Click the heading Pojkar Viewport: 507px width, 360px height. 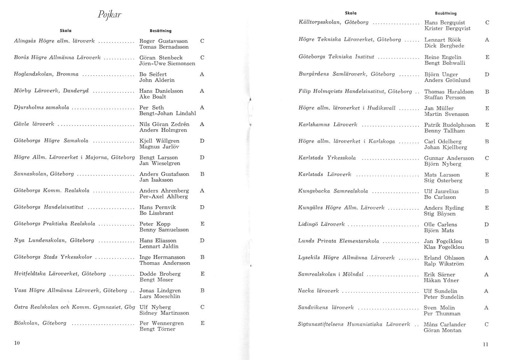[109, 15]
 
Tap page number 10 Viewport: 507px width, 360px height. [17, 343]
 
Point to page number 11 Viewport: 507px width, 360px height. [485, 344]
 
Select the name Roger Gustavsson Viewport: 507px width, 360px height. [163, 41]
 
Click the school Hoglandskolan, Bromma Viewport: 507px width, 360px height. [46, 74]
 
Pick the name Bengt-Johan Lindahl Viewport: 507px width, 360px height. [167, 113]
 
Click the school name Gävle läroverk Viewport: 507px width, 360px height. [34, 124]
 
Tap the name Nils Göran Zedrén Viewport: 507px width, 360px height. [164, 124]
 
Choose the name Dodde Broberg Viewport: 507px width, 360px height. [160, 274]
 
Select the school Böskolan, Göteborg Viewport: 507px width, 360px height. [40, 323]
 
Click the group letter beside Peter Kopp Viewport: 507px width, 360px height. [202, 224]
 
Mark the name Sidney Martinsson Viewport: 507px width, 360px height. [164, 313]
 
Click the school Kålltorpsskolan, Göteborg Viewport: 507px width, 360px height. [333, 22]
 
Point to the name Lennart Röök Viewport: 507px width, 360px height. [443, 40]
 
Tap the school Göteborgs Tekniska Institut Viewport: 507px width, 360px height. [336, 57]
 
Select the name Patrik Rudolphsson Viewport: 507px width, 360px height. [450, 125]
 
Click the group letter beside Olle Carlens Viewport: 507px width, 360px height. [486, 225]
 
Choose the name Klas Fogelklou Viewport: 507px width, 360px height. [444, 247]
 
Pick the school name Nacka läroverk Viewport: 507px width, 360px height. [318, 291]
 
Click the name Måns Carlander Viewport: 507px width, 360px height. [445, 324]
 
